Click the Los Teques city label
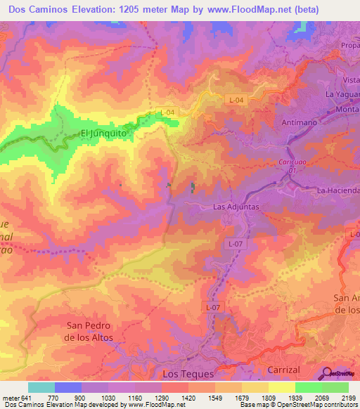[x=185, y=375]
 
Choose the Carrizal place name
[x=284, y=370]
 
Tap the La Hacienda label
[x=338, y=190]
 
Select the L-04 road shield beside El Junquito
[x=167, y=112]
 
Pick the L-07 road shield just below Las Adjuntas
[x=235, y=242]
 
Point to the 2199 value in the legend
[x=340, y=396]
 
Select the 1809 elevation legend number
[x=258, y=396]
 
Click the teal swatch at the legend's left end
[x=41, y=387]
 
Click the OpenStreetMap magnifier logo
[x=327, y=372]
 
